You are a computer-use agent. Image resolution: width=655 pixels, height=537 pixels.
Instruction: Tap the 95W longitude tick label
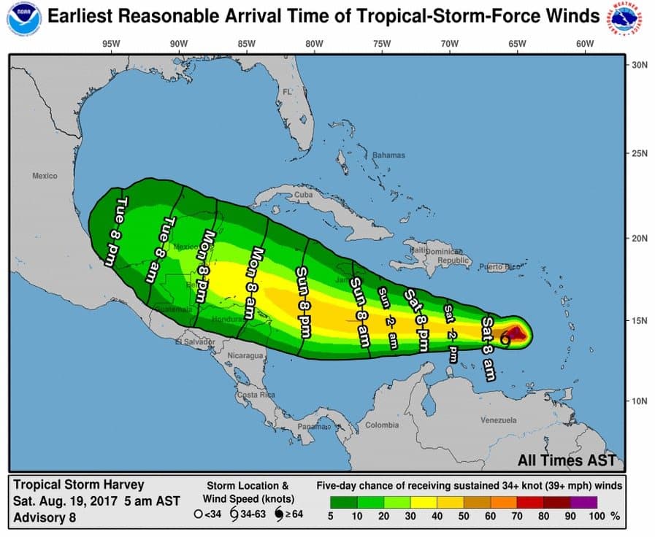pyautogui.click(x=111, y=44)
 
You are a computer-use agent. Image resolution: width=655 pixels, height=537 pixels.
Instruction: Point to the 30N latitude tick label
pyautogui.click(x=640, y=65)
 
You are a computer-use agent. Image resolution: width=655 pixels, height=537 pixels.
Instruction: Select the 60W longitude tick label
pyautogui.click(x=584, y=44)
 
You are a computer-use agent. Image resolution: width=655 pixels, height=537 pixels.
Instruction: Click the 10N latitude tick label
pyautogui.click(x=640, y=401)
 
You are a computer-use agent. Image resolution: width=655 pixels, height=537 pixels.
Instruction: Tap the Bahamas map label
pyautogui.click(x=388, y=155)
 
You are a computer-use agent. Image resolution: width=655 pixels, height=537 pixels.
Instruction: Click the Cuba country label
pyautogui.click(x=303, y=196)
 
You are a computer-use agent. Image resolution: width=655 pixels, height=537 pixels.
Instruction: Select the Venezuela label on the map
pyautogui.click(x=499, y=420)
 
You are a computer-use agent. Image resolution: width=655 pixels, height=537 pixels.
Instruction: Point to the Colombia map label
pyautogui.click(x=382, y=425)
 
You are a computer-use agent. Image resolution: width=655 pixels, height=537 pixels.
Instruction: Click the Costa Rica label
pyautogui.click(x=256, y=395)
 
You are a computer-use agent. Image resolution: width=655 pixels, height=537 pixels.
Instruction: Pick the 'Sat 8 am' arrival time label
pyautogui.click(x=489, y=348)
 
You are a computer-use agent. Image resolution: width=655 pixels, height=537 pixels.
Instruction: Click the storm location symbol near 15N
pyautogui.click(x=505, y=336)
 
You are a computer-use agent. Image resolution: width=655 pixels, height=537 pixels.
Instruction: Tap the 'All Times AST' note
pyautogui.click(x=567, y=460)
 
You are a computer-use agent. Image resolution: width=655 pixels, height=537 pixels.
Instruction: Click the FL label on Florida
pyautogui.click(x=287, y=92)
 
